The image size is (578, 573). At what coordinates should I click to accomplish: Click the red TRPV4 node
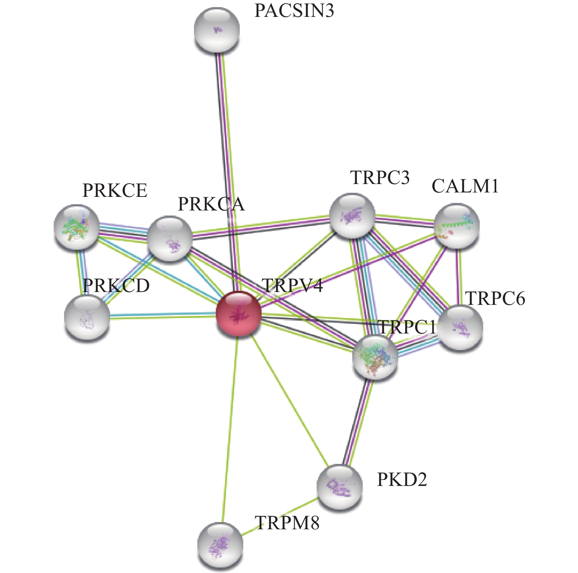pos(239,313)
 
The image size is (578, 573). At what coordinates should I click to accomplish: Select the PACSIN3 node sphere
pos(217,29)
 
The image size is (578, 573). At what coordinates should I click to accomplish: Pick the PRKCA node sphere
pos(170,238)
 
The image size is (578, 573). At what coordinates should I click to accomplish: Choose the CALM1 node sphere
pos(457,227)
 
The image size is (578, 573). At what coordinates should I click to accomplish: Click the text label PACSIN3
pos(294,11)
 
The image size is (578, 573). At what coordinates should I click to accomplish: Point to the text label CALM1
pos(465,186)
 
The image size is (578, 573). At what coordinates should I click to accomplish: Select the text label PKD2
pos(402,479)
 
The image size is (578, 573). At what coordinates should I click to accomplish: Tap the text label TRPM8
pos(287,523)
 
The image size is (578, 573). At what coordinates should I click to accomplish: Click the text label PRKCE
pos(115,190)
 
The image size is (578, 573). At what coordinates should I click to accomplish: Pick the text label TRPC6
pos(495,298)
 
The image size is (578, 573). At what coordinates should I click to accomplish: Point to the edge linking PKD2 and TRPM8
pos(280,516)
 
